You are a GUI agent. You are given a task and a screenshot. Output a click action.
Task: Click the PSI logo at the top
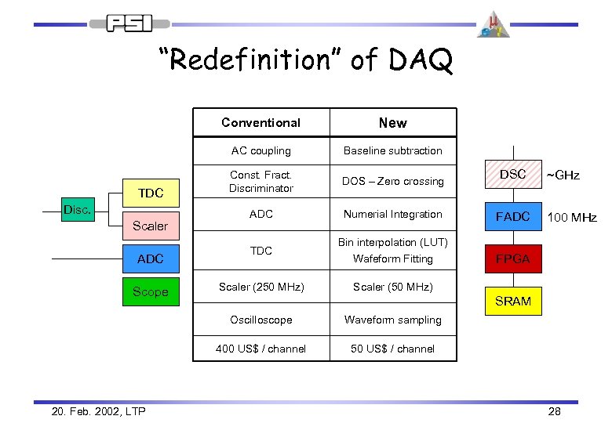coord(131,23)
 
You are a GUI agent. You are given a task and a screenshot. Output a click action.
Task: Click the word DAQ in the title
coord(418,60)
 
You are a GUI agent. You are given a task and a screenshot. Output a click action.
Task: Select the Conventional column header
coord(260,122)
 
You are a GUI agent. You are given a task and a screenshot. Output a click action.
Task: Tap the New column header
coord(392,122)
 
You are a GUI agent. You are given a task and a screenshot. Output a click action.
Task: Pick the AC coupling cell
coord(260,150)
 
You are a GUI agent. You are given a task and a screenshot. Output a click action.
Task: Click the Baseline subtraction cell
coord(392,150)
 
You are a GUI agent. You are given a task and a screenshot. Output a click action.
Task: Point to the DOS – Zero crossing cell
coord(392,181)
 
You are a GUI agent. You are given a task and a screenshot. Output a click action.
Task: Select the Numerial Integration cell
coord(392,214)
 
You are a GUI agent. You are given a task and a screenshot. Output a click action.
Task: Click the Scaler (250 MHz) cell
coord(260,287)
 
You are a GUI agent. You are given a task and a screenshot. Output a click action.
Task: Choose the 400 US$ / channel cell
coord(260,349)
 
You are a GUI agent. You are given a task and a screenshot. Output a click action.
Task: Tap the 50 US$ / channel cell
coord(392,349)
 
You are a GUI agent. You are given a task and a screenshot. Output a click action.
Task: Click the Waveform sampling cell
coord(392,320)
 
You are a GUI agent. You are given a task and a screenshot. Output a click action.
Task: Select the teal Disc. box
coord(78,209)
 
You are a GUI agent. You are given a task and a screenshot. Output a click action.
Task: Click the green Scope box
coord(150,291)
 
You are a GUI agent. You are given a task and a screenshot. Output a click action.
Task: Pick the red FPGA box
coord(512,258)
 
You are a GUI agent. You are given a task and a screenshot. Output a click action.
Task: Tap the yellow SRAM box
coord(512,301)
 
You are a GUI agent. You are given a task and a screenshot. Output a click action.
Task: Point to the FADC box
coord(512,216)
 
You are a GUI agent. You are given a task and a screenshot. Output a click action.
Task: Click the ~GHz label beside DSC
coord(563,175)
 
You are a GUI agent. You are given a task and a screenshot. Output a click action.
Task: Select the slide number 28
coord(554,411)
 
